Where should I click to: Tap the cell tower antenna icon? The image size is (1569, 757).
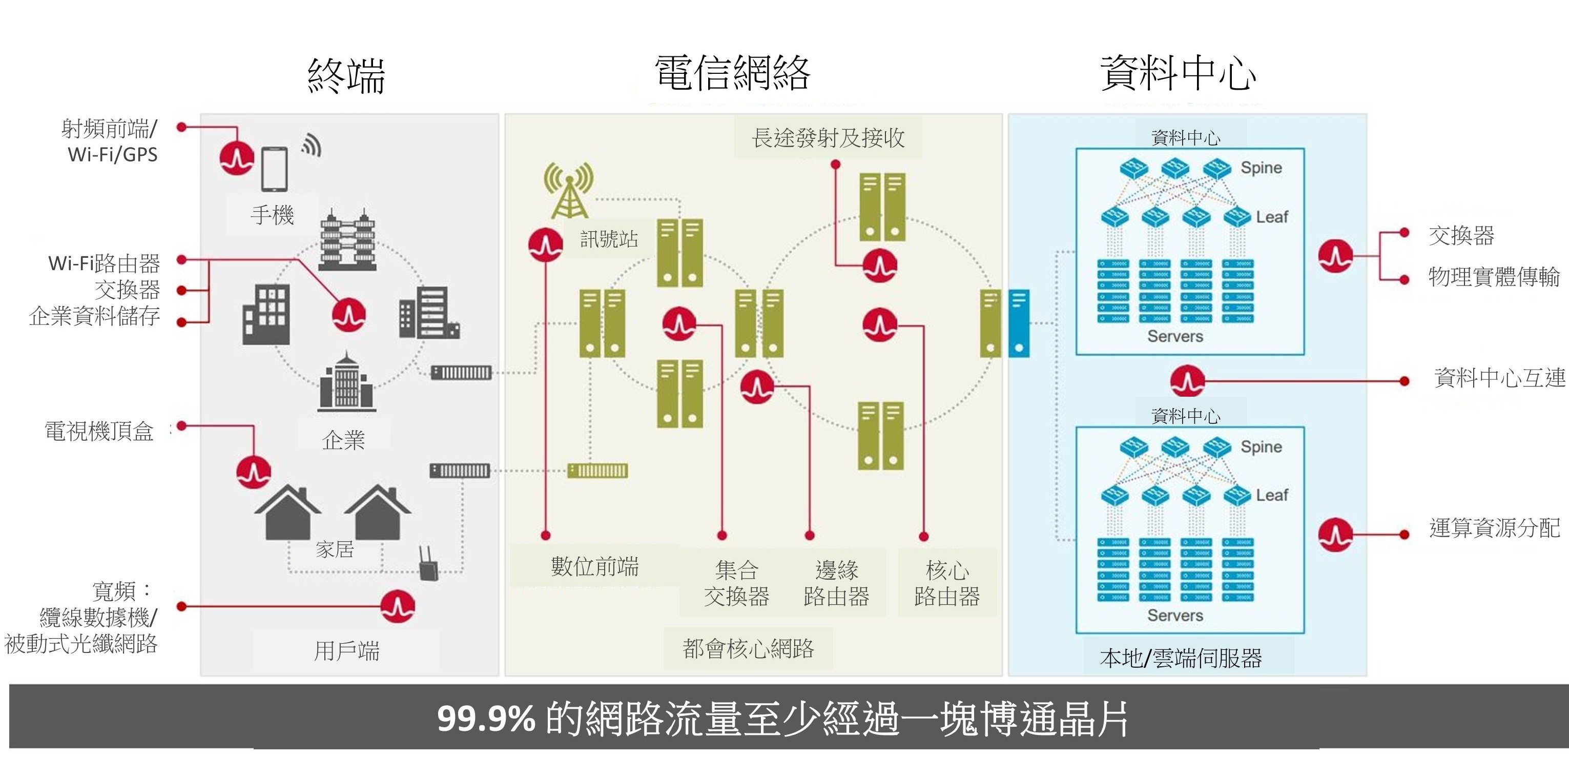tap(568, 190)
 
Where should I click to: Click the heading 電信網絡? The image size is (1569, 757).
tap(732, 74)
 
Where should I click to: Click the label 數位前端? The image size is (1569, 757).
tap(594, 566)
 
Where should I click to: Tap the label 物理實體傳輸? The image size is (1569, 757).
tap(1494, 277)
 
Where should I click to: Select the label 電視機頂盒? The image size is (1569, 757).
tap(99, 431)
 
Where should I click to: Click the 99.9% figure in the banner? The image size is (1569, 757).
tap(485, 719)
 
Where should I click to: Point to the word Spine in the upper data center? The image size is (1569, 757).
tap(1261, 168)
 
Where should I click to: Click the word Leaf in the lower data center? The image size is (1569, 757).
tap(1272, 495)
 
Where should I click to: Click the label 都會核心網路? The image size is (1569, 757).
tap(748, 648)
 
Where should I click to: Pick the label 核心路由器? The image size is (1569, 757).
tap(946, 583)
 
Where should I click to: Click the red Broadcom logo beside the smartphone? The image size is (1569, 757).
tap(236, 158)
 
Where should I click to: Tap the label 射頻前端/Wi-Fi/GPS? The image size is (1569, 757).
tap(110, 141)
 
